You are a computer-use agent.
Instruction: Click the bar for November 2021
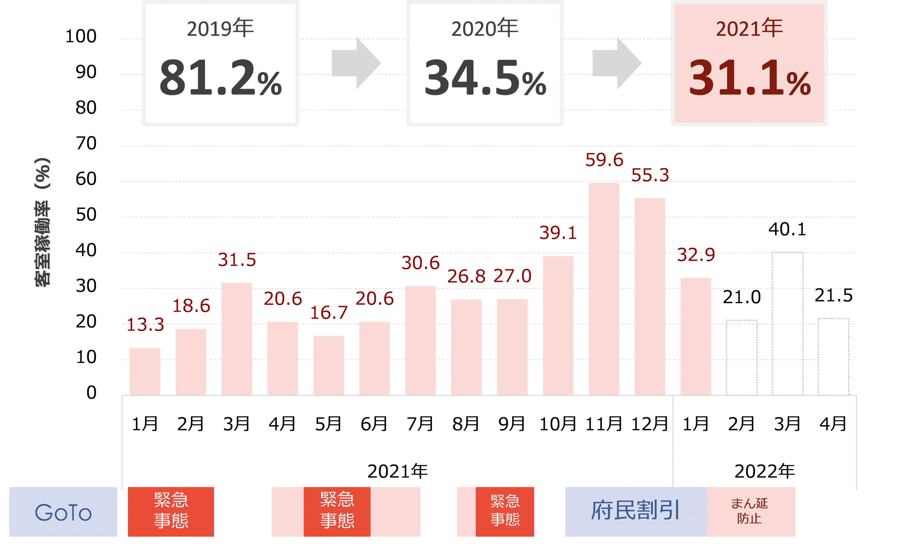point(604,289)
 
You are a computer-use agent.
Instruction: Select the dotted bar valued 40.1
point(787,324)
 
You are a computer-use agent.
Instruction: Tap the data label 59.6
point(604,160)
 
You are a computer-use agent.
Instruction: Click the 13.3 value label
point(145,324)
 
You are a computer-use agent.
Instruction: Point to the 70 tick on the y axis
point(86,143)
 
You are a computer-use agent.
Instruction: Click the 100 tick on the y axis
point(81,36)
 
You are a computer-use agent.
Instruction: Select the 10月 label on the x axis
point(558,424)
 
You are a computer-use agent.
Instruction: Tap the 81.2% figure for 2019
point(220,78)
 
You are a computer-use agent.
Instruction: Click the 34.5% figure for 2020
point(485,78)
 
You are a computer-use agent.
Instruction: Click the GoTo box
point(63,512)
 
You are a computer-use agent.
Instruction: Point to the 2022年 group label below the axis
point(764,471)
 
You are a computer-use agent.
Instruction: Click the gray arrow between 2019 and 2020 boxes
point(356,63)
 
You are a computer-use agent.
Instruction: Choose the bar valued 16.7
point(328,365)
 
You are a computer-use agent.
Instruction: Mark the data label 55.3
point(650,175)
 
